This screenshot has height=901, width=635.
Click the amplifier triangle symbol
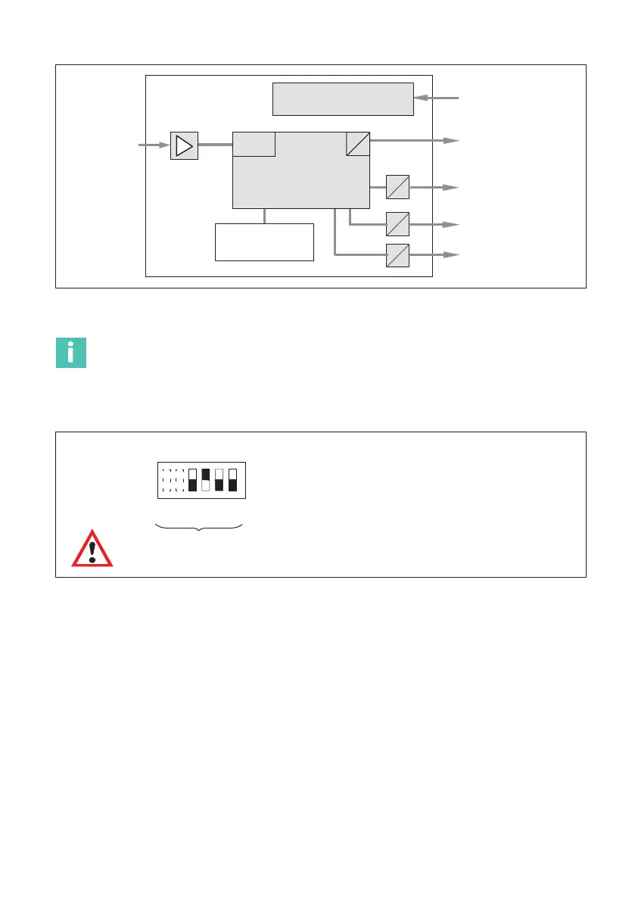coord(184,145)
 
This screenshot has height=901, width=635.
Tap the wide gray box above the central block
coord(343,98)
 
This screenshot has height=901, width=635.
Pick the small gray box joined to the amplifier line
coord(254,143)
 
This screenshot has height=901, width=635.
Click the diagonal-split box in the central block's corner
coord(358,143)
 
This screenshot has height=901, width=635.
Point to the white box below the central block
coord(264,242)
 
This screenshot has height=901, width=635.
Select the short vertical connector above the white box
coord(264,216)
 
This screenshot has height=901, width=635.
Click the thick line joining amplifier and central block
coord(215,144)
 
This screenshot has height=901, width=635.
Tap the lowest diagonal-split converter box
coord(397,256)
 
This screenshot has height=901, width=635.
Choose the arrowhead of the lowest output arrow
coord(452,256)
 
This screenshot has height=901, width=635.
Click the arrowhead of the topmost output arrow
coord(452,141)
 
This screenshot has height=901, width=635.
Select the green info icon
coord(71,353)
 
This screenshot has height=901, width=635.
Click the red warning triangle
coord(92,548)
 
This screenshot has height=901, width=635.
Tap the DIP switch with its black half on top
coord(205,479)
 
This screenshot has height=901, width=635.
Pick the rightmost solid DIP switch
coord(232,479)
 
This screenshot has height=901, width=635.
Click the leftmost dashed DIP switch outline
coord(167,479)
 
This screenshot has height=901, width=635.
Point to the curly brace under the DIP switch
coord(199,527)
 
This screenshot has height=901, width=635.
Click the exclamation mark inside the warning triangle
coord(92,551)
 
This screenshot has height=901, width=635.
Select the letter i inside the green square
coord(71,353)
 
